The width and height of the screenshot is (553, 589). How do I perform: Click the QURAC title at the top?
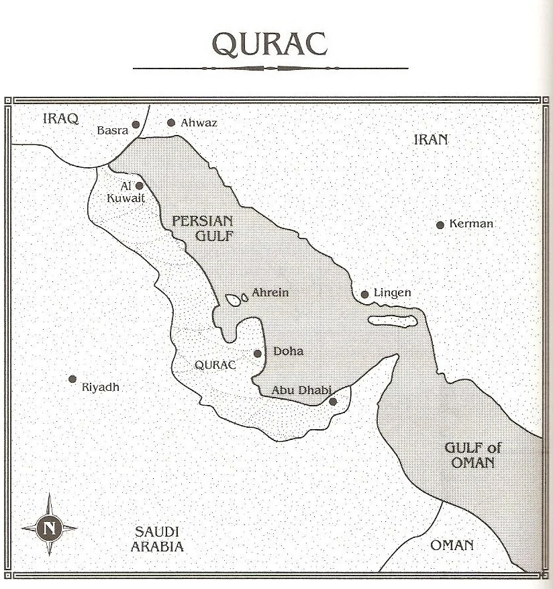tap(270, 44)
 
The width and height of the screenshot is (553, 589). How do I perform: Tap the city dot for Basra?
tap(136, 124)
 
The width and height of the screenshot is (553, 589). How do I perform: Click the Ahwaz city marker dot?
tap(171, 122)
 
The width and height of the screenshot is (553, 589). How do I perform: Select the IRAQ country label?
tap(60, 119)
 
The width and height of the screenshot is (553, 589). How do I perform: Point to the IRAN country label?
tap(430, 140)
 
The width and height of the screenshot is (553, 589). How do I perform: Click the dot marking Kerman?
tap(440, 225)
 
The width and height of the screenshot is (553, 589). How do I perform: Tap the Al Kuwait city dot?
tap(140, 186)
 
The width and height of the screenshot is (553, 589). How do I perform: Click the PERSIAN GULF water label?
tap(202, 228)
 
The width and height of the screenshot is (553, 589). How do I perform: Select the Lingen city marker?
tap(364, 294)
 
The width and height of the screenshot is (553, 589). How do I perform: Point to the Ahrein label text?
tap(270, 293)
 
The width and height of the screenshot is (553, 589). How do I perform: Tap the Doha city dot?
tap(257, 353)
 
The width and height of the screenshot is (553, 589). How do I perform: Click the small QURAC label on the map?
tap(215, 365)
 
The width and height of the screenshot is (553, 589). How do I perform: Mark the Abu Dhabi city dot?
tap(333, 402)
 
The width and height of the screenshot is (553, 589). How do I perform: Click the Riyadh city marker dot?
tap(72, 379)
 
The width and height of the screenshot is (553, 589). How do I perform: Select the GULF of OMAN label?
tap(473, 455)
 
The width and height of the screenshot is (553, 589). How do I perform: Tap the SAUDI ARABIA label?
tap(157, 539)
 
